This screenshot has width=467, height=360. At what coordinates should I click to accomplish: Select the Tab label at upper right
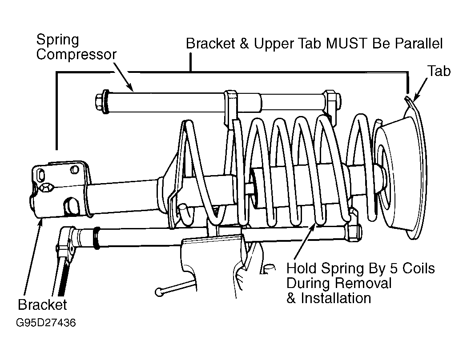point(439,71)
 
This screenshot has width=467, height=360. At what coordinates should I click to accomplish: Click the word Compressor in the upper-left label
point(76,55)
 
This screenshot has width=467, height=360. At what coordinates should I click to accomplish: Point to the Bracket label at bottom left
point(42,304)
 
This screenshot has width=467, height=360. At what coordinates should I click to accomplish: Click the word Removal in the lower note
point(363,283)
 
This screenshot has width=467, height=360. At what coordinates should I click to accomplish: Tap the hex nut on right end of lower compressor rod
point(354,231)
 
